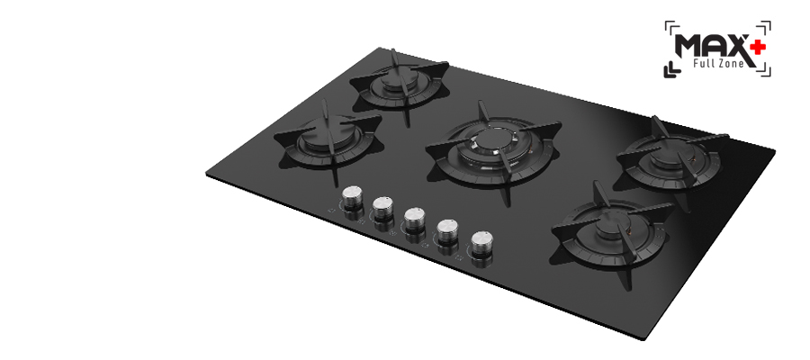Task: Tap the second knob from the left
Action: (383, 208)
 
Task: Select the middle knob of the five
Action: (415, 219)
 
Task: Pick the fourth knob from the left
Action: (448, 231)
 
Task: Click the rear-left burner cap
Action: (398, 80)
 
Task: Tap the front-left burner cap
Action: (321, 135)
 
